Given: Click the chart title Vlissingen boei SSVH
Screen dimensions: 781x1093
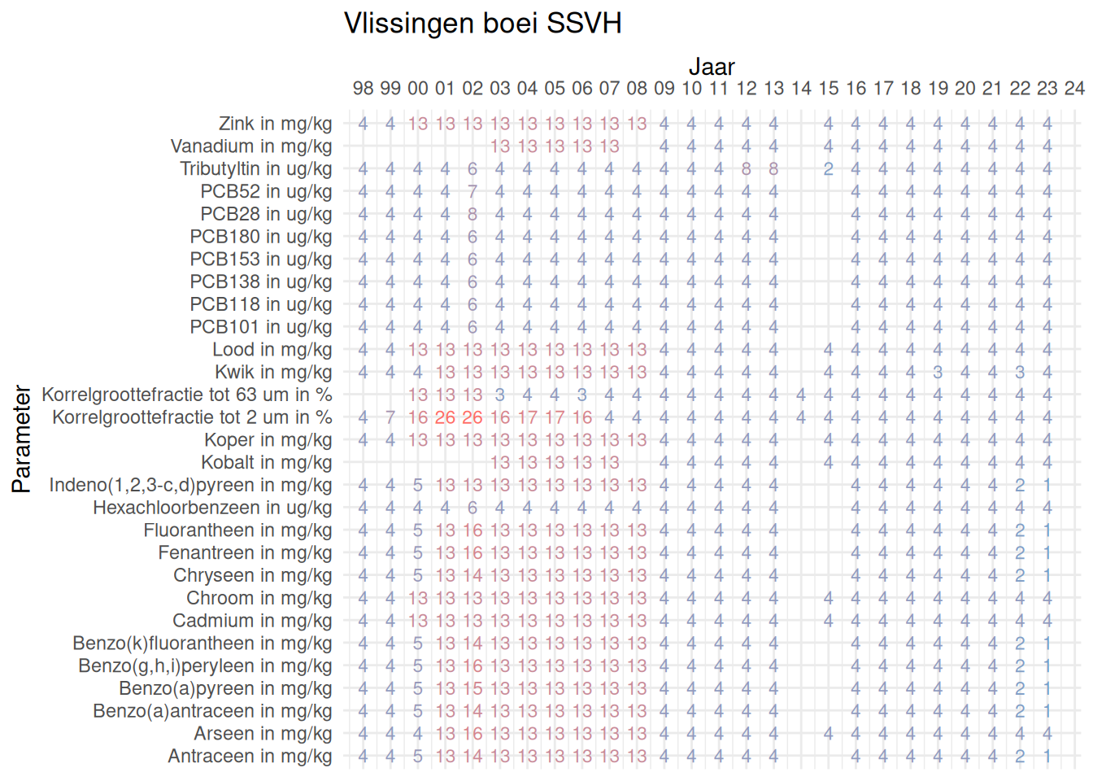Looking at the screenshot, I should tap(482, 24).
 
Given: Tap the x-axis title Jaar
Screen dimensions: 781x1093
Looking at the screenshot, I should tap(712, 67).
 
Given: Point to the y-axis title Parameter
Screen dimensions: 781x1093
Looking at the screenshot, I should tap(22, 439).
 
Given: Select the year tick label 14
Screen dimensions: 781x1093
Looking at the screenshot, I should tap(801, 89).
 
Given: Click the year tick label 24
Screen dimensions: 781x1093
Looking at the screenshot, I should tap(1074, 89).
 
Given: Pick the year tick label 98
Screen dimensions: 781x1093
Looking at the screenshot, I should tap(363, 89).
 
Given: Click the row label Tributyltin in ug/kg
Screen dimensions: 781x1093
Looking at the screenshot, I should tap(255, 169).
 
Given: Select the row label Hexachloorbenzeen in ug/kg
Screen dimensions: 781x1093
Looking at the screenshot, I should tap(212, 508).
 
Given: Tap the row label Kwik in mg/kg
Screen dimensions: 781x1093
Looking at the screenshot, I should tap(272, 373).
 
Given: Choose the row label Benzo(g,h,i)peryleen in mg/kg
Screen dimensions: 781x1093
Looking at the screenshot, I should tap(205, 666).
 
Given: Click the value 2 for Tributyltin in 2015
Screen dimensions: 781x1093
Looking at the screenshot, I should tap(828, 169).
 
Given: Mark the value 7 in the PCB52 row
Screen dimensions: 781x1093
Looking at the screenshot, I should tap(472, 192).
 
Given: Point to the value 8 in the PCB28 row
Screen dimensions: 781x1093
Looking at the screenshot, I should tap(472, 215).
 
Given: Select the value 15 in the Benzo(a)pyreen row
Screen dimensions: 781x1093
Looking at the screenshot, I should tap(472, 689).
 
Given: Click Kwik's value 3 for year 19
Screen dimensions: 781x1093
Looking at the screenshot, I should tap(938, 373).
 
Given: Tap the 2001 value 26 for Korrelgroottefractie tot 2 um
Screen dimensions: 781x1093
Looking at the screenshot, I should tap(445, 418).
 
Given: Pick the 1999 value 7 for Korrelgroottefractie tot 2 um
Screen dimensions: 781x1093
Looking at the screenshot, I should tap(390, 418).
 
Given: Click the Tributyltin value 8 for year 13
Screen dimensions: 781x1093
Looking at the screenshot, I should tap(773, 169).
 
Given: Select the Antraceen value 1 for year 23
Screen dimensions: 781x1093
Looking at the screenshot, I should tap(1047, 757).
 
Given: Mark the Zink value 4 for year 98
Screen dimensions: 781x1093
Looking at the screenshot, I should tap(363, 124).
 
